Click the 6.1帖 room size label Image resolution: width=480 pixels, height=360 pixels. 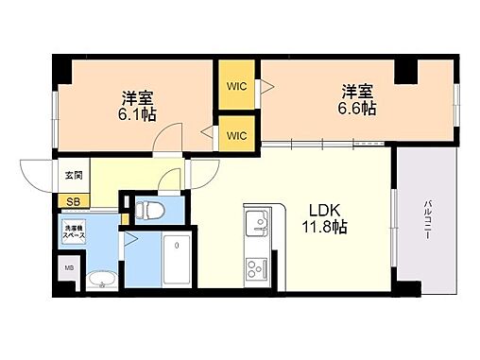[x=138, y=114]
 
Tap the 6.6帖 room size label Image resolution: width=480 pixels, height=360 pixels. [x=358, y=109]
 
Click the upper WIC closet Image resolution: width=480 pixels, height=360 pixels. [x=236, y=86]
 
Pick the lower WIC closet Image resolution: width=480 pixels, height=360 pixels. [x=236, y=135]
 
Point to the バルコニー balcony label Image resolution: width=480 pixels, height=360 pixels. [x=428, y=221]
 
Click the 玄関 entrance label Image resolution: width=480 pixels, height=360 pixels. [x=73, y=175]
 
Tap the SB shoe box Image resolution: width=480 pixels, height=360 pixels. [x=72, y=200]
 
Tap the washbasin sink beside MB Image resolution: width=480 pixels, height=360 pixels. [x=99, y=279]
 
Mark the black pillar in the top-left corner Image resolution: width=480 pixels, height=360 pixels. [x=60, y=67]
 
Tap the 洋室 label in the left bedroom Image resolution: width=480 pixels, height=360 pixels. [x=138, y=97]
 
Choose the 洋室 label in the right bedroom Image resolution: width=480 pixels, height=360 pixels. [x=358, y=92]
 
